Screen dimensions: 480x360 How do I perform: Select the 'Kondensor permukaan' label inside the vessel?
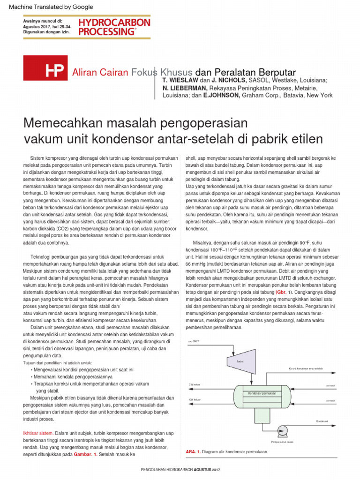point(262,393)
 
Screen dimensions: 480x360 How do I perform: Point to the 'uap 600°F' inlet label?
point(194,342)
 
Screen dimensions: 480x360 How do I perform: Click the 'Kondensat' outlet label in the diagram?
point(322,420)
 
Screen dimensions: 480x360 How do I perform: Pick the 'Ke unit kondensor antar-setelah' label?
point(306,368)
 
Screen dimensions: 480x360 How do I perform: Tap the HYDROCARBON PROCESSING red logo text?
point(114,27)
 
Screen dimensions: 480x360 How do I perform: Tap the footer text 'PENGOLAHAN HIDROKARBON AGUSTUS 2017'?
point(180,470)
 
